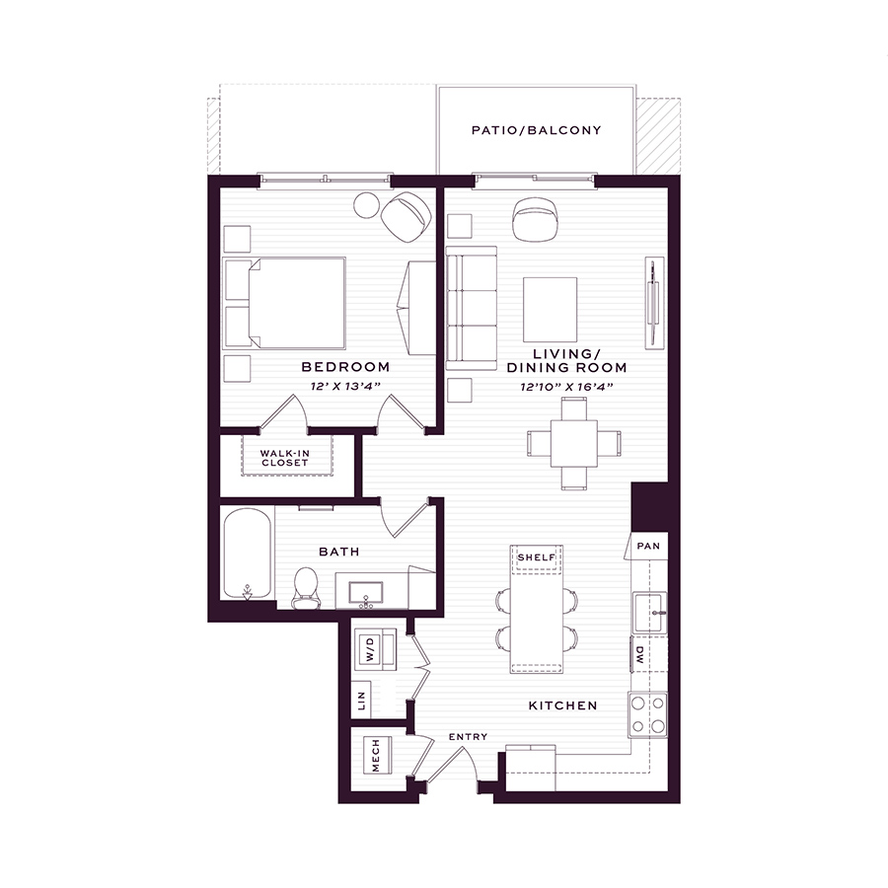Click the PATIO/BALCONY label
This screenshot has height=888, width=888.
[x=536, y=130]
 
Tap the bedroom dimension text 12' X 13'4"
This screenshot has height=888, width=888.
[x=345, y=386]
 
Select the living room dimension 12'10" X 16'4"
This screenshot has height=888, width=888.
[x=566, y=387]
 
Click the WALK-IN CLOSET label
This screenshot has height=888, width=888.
[x=284, y=458]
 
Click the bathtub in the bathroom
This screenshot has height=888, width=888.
[x=247, y=554]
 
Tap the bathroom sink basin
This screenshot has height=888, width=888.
[x=365, y=593]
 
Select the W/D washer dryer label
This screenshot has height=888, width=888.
[x=370, y=649]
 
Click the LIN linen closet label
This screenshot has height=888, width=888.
[x=361, y=701]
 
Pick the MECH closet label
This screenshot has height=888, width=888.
[x=376, y=755]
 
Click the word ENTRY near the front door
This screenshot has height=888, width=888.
[x=468, y=737]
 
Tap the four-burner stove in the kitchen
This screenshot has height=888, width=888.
[x=648, y=714]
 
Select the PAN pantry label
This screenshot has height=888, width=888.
[x=648, y=546]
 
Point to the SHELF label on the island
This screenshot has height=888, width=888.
[x=537, y=557]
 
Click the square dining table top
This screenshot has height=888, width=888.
[x=573, y=443]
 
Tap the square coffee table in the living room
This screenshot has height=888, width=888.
[x=550, y=310]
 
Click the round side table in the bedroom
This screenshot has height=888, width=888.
[x=366, y=205]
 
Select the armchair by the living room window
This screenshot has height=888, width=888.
[x=536, y=219]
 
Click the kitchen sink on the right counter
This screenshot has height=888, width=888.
[x=649, y=613]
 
